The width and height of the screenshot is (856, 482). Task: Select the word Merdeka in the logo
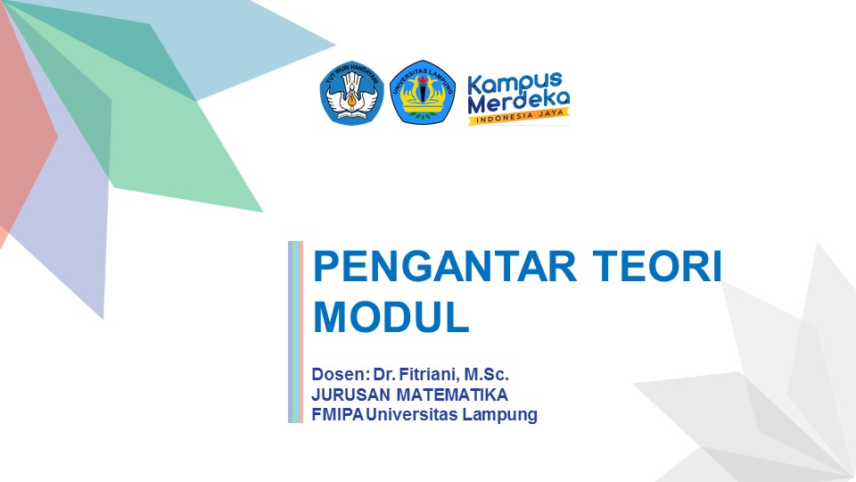[518, 103]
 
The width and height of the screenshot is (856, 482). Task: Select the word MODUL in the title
[391, 318]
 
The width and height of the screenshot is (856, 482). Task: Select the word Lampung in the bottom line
[503, 414]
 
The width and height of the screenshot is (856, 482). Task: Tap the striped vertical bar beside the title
[296, 331]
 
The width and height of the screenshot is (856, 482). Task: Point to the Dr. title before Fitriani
[384, 373]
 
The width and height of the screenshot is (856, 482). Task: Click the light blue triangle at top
[267, 45]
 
